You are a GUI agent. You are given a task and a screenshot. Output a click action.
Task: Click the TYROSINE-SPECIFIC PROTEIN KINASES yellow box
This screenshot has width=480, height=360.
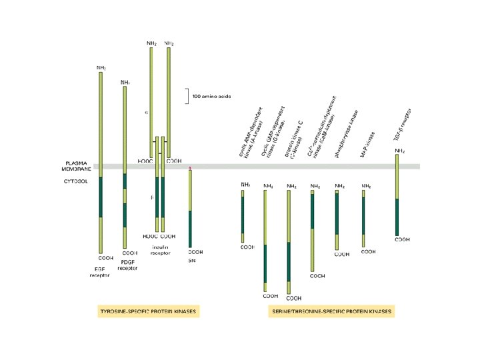click(148, 311)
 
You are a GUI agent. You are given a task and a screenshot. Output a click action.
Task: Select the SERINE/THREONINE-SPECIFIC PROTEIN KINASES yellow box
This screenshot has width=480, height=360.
click(331, 311)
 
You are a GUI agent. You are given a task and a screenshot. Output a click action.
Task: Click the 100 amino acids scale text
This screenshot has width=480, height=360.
click(211, 97)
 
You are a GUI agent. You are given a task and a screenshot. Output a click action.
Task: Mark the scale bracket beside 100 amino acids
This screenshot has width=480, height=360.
click(187, 96)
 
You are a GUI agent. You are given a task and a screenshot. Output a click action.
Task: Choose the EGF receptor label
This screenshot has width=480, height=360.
click(99, 271)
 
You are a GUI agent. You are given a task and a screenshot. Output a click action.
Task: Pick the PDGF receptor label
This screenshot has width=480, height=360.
click(127, 265)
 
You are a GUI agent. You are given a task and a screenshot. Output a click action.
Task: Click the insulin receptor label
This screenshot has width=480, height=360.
click(160, 249)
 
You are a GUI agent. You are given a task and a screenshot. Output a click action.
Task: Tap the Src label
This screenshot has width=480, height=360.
click(193, 261)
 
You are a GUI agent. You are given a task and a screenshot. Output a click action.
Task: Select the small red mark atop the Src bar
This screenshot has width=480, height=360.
click(190, 169)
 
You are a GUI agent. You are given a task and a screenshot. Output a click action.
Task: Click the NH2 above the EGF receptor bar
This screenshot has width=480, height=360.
click(101, 67)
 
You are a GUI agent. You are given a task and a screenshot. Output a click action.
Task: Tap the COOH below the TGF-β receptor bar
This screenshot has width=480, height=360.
click(403, 239)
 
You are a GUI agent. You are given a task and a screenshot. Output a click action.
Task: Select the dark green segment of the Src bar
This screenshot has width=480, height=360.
click(190, 228)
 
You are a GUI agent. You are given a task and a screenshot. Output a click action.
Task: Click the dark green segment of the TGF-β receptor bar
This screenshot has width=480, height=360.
click(397, 216)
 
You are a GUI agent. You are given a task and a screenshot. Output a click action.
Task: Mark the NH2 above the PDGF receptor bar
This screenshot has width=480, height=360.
click(125, 82)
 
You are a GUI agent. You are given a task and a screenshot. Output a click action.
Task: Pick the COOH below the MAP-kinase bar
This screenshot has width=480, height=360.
click(368, 252)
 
